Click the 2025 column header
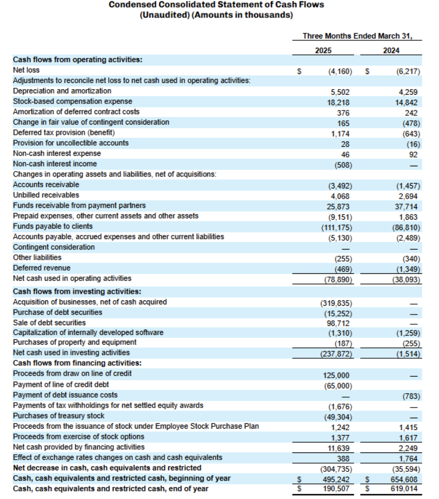pyautogui.click(x=323, y=51)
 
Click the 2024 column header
pyautogui.click(x=391, y=51)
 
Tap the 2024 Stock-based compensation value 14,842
pyautogui.click(x=406, y=103)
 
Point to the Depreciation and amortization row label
pyautogui.click(x=62, y=91)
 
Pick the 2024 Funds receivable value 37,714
pyautogui.click(x=406, y=207)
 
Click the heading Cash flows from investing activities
pyautogui.click(x=77, y=292)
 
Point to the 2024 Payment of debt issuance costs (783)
pyautogui.click(x=411, y=396)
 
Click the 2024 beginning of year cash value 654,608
pyautogui.click(x=404, y=479)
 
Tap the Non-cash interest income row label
pyautogui.click(x=55, y=164)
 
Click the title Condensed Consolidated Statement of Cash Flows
pyautogui.click(x=216, y=5)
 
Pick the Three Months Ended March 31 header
pyautogui.click(x=357, y=36)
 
